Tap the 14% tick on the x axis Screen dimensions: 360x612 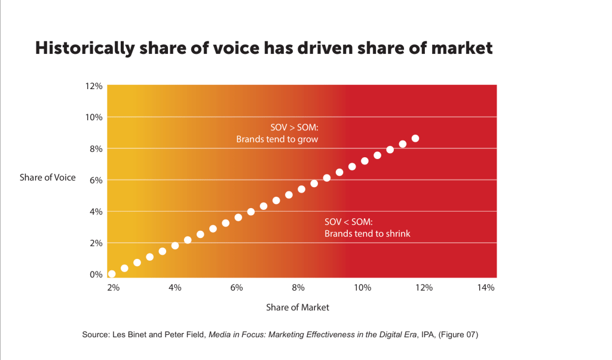[x=486, y=288]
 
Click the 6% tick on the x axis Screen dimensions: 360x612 [x=236, y=288]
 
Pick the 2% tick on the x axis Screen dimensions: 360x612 [x=114, y=288]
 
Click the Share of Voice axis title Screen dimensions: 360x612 [x=48, y=178]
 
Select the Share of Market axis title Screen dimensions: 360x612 [x=298, y=307]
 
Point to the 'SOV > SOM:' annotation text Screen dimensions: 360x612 [x=296, y=127]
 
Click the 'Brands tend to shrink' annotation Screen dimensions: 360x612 [x=367, y=233]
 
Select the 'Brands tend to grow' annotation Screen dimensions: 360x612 [x=277, y=139]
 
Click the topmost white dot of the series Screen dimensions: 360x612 [x=415, y=139]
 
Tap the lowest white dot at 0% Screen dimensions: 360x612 [x=112, y=274]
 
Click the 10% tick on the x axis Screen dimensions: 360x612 [x=361, y=288]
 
